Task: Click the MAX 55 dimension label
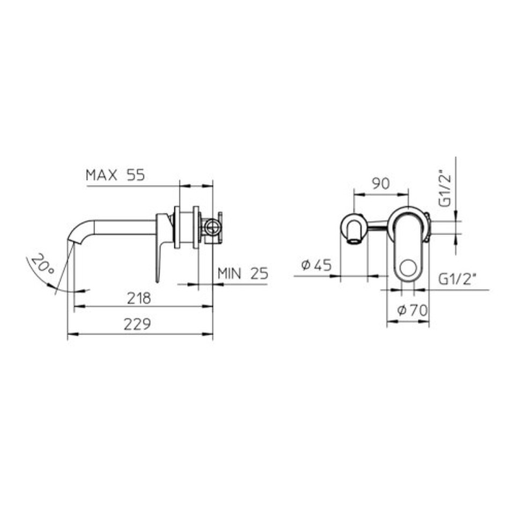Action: tap(115, 175)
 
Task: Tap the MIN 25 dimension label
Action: tap(243, 273)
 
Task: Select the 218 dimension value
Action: tap(139, 298)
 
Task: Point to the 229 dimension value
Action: tap(137, 325)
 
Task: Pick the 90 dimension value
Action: tap(381, 183)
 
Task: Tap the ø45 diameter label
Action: tap(317, 265)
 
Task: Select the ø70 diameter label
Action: tap(413, 310)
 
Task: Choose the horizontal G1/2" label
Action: tap(457, 279)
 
